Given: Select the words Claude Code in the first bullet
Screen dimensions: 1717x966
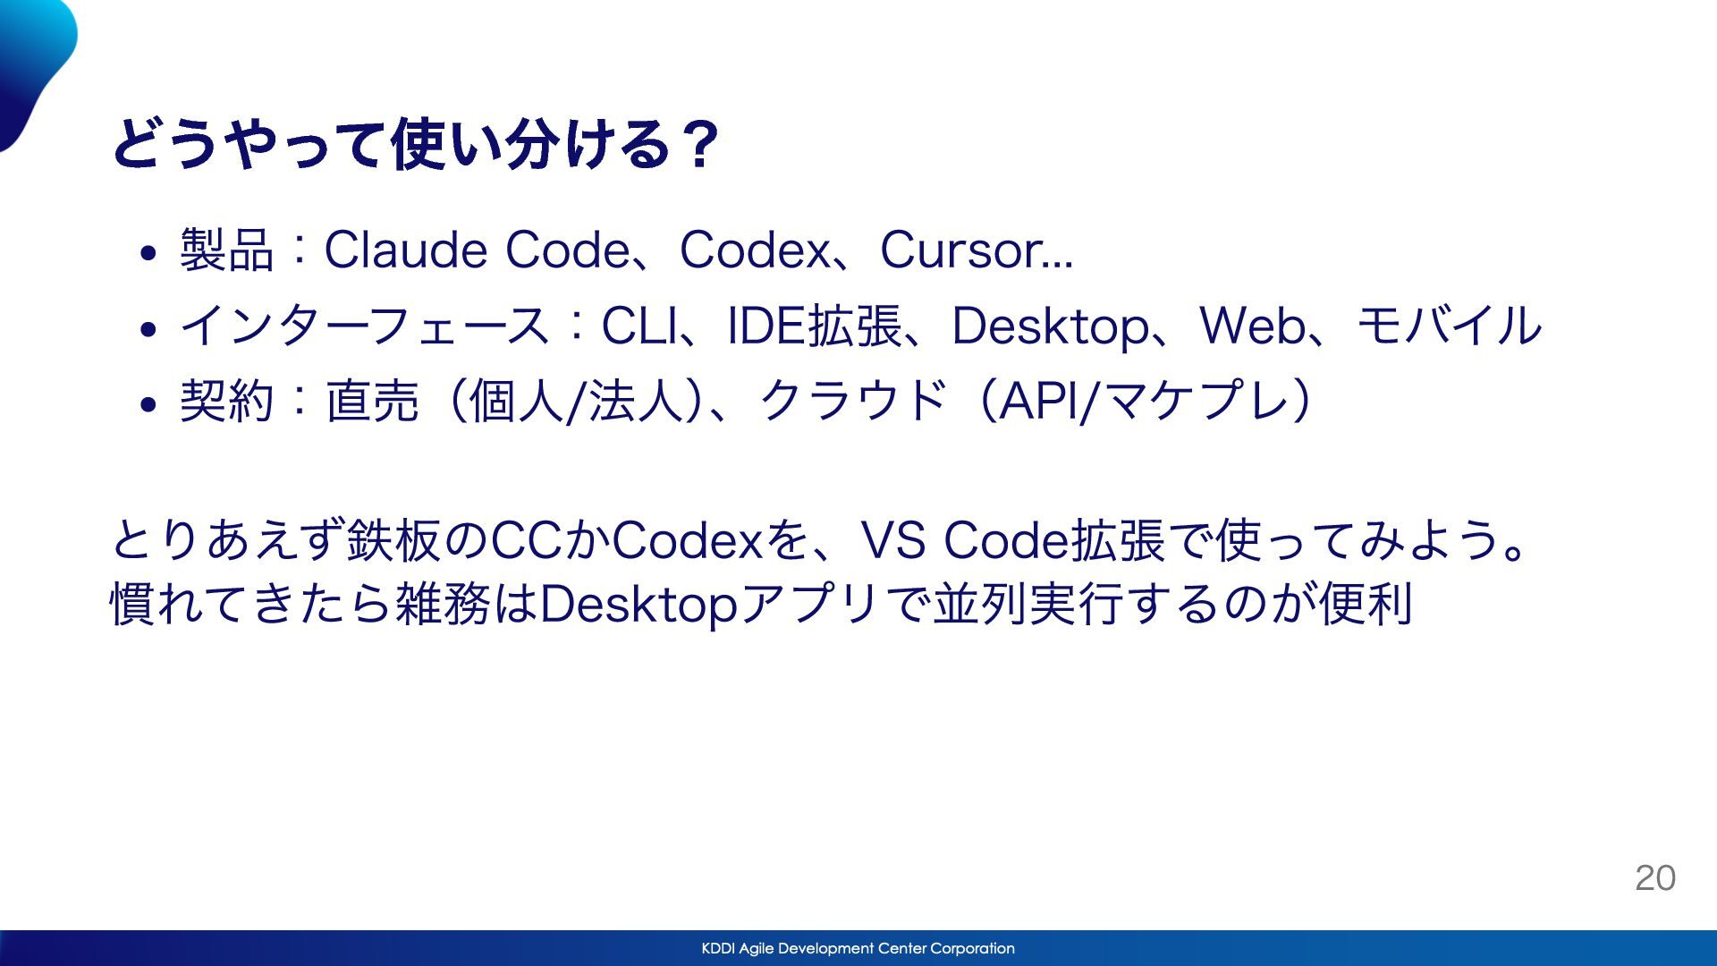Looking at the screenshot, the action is pos(477,250).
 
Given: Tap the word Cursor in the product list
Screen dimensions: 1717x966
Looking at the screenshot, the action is pos(959,250).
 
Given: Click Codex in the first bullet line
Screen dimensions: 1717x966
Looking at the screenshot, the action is pos(755,250).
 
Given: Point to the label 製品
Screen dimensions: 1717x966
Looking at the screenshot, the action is pos(226,250).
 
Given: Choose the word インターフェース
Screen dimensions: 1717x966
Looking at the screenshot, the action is pos(365,325).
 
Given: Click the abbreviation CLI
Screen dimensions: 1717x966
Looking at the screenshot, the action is pos(639,325).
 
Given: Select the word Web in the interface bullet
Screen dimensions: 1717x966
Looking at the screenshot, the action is pos(1252,325).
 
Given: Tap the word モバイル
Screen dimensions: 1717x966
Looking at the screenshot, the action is pos(1450,325).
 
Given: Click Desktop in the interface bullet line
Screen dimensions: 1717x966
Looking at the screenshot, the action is pos(1051,326).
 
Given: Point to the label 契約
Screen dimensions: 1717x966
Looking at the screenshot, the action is pos(226,400).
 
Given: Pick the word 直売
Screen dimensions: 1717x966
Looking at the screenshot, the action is pos(372,400).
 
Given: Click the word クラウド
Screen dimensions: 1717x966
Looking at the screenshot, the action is pos(852,400).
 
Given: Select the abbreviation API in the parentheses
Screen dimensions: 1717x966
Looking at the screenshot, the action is pos(1038,400).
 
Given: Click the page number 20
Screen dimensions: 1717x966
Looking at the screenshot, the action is pos(1655,878).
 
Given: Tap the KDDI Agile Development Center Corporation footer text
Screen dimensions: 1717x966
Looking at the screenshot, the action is pos(858,948).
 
